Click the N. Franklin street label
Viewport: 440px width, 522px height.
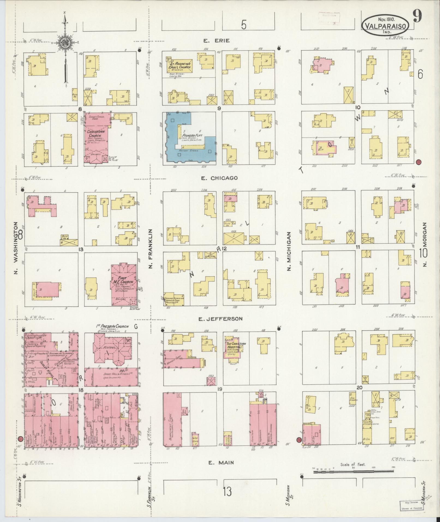(x=150, y=249)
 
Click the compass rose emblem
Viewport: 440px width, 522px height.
(x=65, y=43)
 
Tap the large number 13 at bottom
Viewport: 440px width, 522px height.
(x=227, y=492)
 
